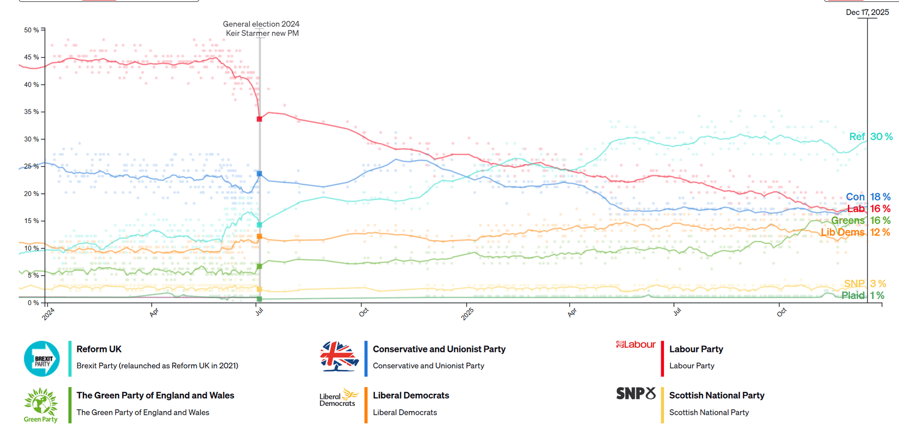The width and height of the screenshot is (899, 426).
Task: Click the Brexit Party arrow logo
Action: point(42,359)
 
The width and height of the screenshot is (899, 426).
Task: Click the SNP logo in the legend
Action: point(636,394)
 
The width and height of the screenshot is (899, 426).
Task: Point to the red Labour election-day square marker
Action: point(259,119)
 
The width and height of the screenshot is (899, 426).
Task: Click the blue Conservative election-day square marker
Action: point(259,174)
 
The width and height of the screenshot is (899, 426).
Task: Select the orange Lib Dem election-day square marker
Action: point(259,237)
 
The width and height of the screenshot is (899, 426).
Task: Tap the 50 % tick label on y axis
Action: point(31,30)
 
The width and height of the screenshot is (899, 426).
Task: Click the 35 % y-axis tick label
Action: point(31,112)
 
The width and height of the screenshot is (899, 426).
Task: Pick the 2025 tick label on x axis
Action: point(467,314)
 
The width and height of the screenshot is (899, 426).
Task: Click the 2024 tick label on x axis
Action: point(48,314)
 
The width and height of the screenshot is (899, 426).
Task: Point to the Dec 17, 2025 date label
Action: point(867,13)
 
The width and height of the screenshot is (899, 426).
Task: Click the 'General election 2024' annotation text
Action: point(261,24)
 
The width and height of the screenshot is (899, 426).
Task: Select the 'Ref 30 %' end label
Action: point(870,137)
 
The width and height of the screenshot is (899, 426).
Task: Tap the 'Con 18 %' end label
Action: point(868,197)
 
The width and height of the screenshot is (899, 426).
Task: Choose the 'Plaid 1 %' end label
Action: point(862,296)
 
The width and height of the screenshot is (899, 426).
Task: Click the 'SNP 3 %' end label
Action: point(865,284)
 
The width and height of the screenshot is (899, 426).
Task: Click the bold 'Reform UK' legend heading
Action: point(99,349)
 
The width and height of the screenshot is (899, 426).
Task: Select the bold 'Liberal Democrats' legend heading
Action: point(411,396)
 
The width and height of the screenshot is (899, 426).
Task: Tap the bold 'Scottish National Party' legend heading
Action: point(716,396)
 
